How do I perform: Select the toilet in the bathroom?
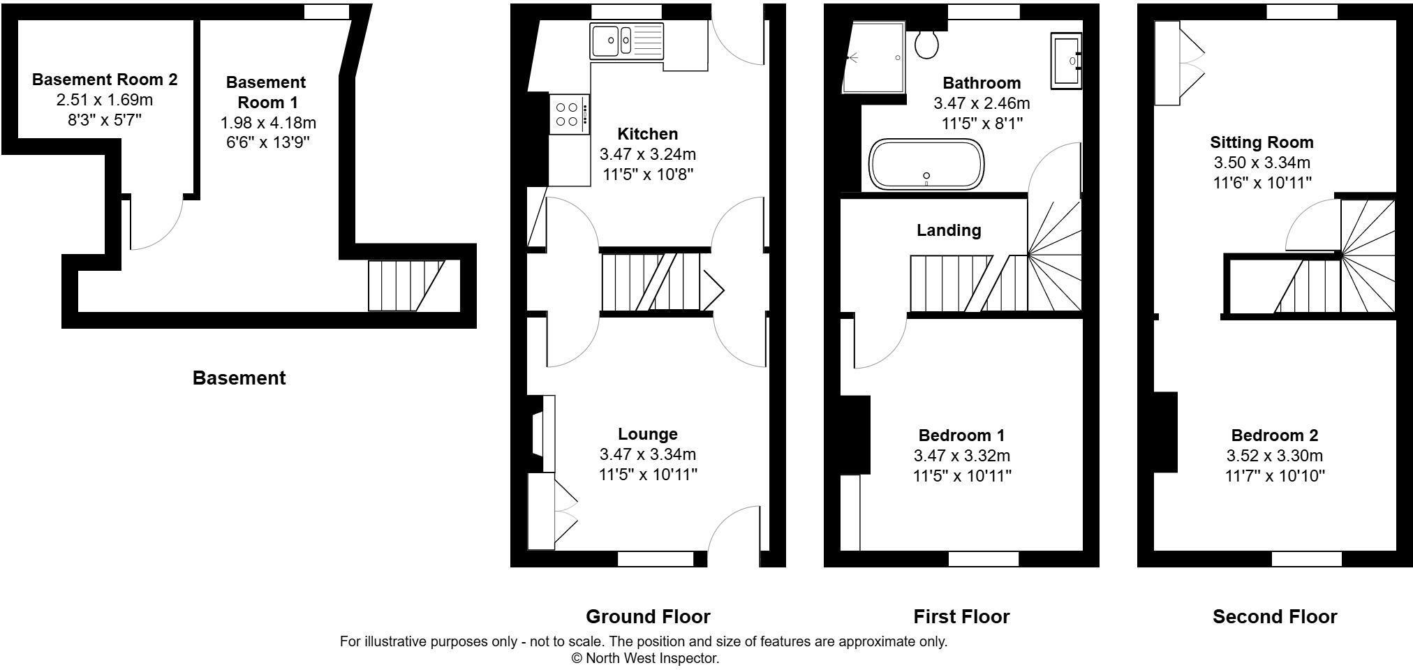[x=926, y=43]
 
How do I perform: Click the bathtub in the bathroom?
[x=926, y=165]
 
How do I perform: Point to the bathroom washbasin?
[x=1066, y=61]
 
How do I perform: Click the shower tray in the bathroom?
[x=874, y=58]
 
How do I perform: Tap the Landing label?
[x=949, y=230]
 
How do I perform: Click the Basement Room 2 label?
[x=105, y=80]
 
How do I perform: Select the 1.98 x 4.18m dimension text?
[x=268, y=123]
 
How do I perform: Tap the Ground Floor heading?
[x=648, y=617]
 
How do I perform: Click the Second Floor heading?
[x=1275, y=617]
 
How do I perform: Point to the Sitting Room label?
[x=1262, y=142]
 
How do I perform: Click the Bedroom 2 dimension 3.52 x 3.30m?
[x=1275, y=456]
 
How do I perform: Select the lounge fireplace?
[x=539, y=435]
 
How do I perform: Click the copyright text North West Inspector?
[x=645, y=658]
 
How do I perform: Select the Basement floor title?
[x=239, y=378]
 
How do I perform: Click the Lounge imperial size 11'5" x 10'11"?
[x=648, y=475]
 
